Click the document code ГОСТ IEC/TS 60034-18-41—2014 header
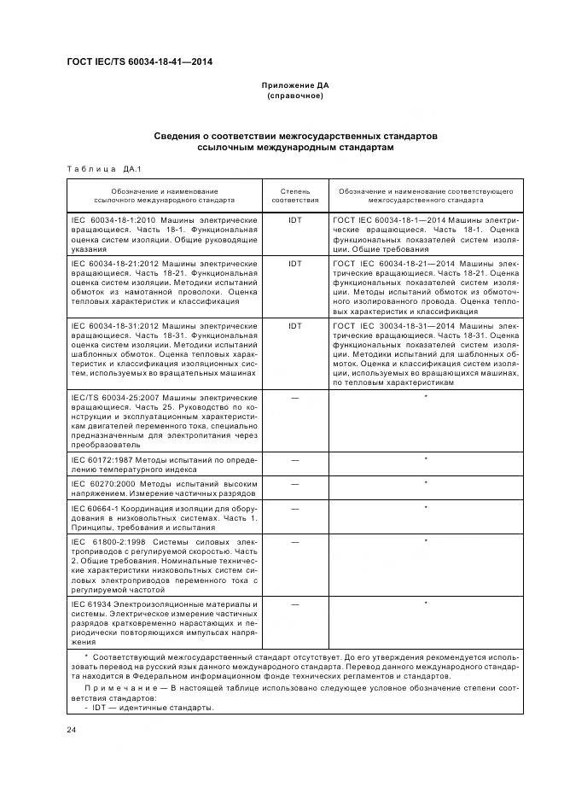coord(139,62)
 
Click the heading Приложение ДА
coord(295,85)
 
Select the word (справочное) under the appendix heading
coord(295,96)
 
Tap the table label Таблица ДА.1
coord(96,168)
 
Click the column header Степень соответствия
coord(295,195)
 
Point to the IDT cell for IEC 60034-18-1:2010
coord(295,219)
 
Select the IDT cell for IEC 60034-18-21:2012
coord(295,265)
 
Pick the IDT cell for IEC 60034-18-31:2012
coord(295,326)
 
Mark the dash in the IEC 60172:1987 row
coord(295,459)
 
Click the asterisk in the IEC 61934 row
coord(425,604)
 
